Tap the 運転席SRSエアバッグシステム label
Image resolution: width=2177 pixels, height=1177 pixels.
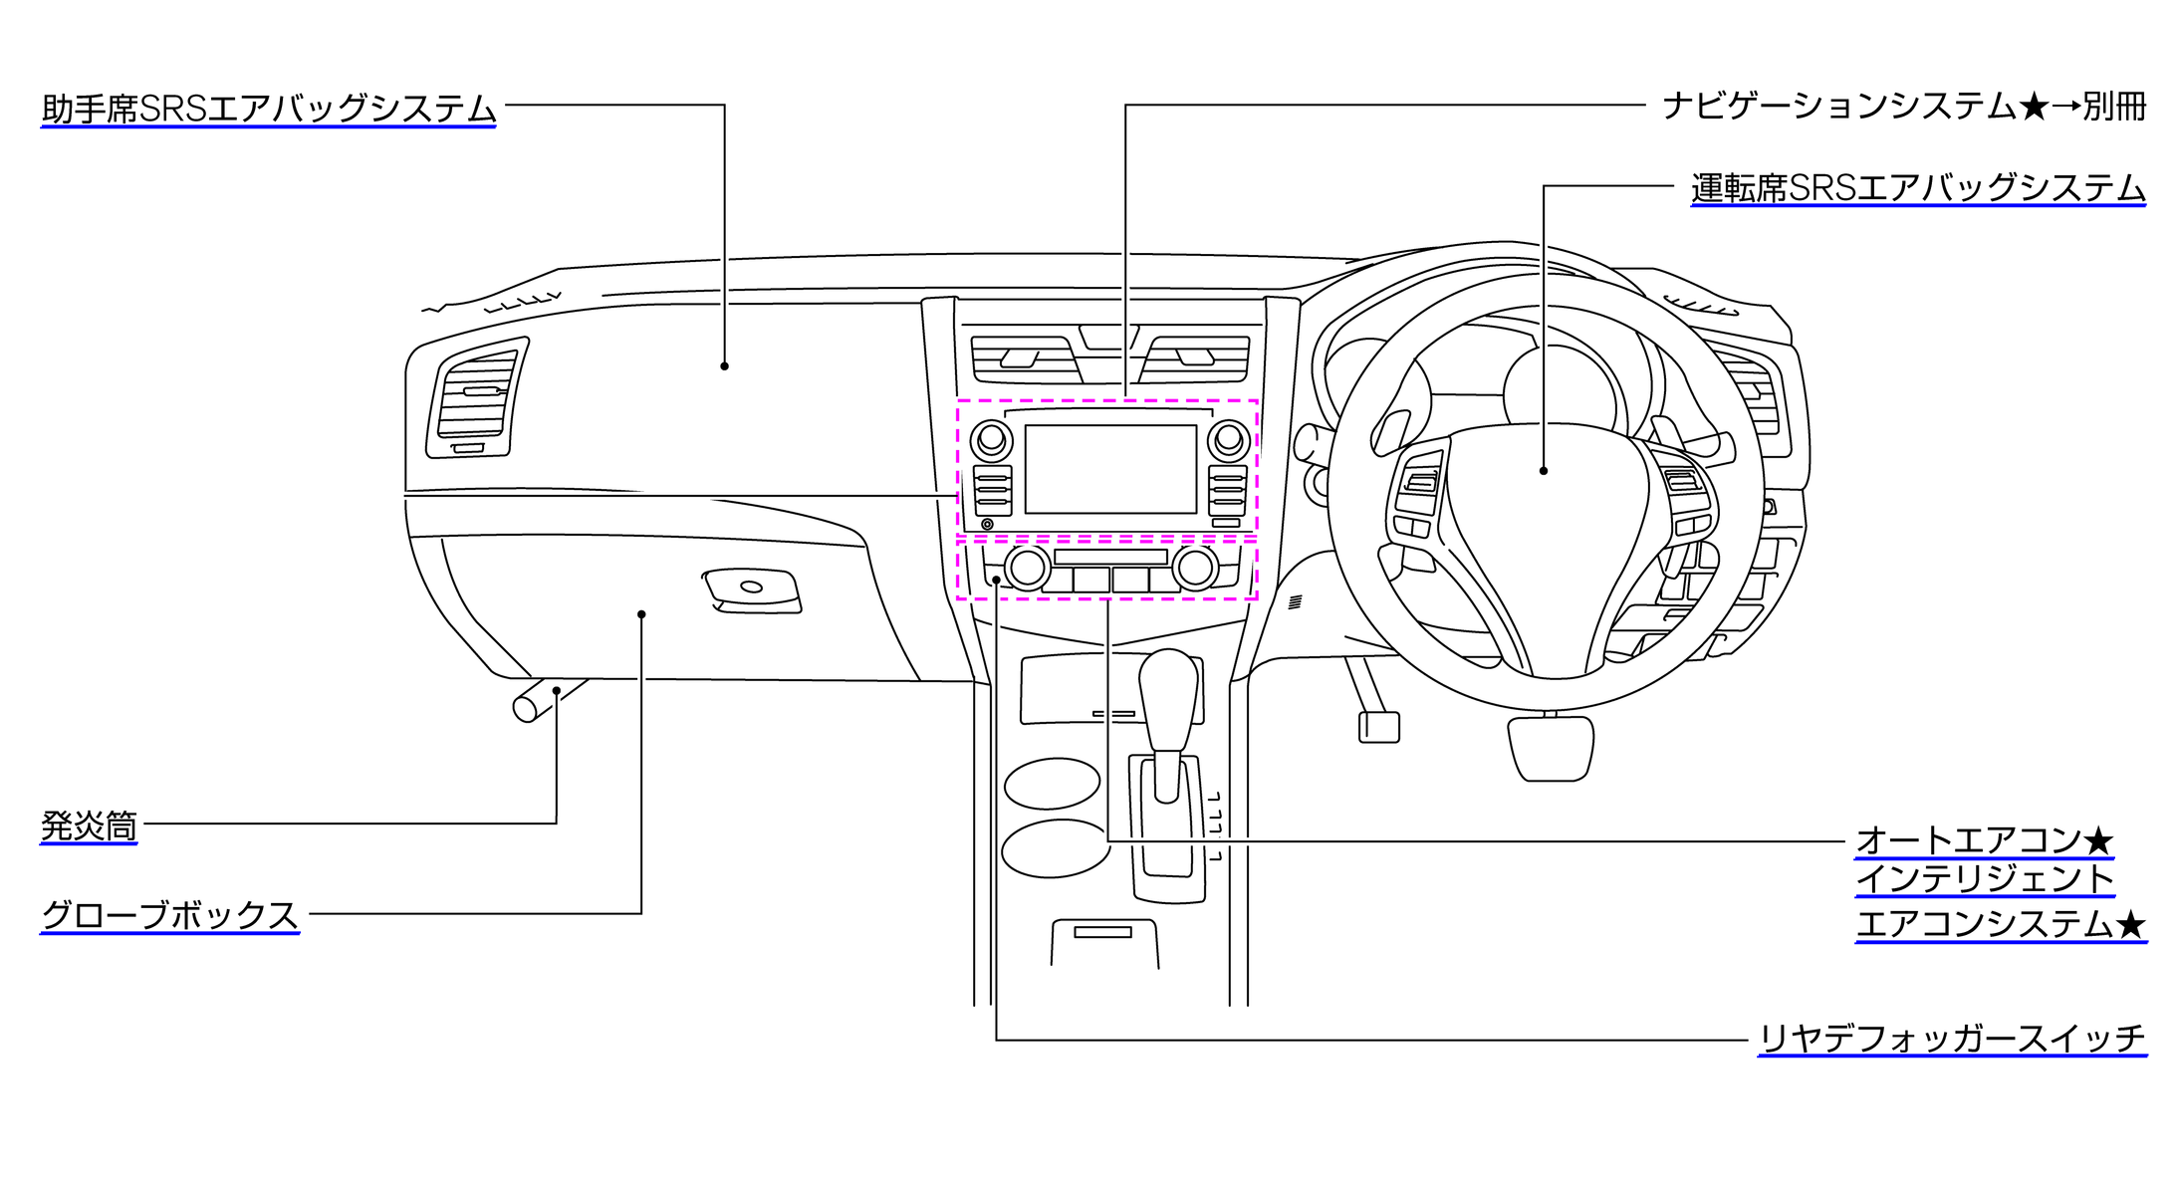point(1917,187)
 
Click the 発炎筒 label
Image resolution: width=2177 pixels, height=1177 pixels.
point(89,825)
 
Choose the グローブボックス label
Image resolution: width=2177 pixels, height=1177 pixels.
point(169,915)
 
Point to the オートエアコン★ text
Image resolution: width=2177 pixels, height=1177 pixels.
point(1983,840)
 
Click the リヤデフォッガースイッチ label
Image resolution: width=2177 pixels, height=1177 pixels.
point(1951,1039)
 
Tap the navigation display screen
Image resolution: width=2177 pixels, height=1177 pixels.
point(1110,468)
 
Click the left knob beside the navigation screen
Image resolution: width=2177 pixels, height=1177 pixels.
point(991,438)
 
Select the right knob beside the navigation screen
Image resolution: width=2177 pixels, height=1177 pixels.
point(1229,438)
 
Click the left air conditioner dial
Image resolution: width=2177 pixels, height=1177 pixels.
point(1027,569)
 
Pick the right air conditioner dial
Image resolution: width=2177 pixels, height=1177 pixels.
point(1195,569)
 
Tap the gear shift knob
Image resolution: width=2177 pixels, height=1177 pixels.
point(1168,697)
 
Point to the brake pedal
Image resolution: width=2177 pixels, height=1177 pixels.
point(1551,747)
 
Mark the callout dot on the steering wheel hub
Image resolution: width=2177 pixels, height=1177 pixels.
point(1544,470)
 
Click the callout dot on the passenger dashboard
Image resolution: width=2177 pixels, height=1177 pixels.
point(724,366)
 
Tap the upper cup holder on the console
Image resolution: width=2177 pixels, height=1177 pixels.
point(1052,784)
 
